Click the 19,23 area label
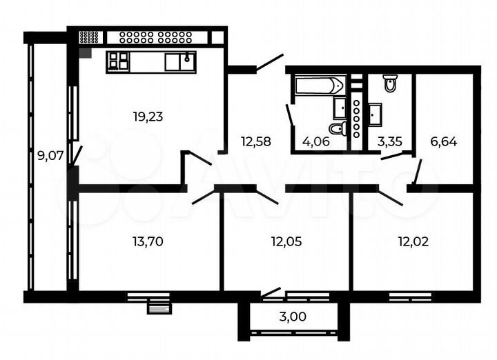click(148, 117)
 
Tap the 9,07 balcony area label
click(50, 156)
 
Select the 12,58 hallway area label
click(255, 142)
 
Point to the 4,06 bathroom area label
click(315, 142)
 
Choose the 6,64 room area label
click(444, 142)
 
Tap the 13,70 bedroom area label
click(147, 241)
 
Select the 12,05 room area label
click(286, 241)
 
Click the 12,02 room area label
click(412, 241)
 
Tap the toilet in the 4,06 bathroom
click(337, 128)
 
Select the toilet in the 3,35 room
click(390, 84)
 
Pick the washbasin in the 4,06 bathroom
click(340, 108)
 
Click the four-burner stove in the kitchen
click(118, 61)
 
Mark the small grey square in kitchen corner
click(85, 52)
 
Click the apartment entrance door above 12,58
click(269, 63)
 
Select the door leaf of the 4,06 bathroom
click(290, 115)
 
